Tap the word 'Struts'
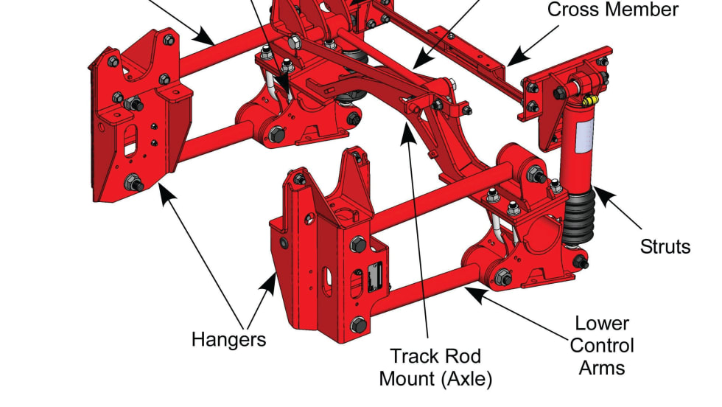click(665, 246)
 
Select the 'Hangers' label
click(228, 339)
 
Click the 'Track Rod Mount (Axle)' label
click(435, 367)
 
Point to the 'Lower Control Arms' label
click(602, 345)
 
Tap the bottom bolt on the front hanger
click(359, 324)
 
